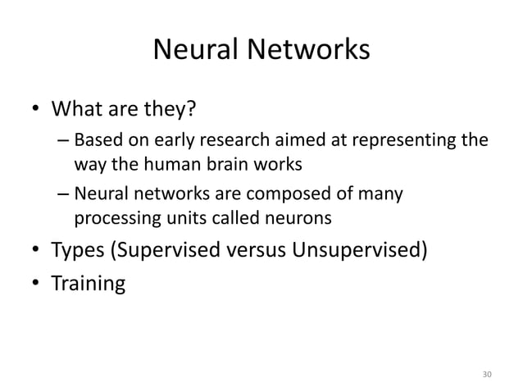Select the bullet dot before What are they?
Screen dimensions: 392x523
pos(34,110)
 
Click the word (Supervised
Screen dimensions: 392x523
pos(171,250)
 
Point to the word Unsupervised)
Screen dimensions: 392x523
pos(358,250)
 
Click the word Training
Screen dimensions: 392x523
pos(89,285)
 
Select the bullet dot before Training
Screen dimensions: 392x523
pos(34,285)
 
